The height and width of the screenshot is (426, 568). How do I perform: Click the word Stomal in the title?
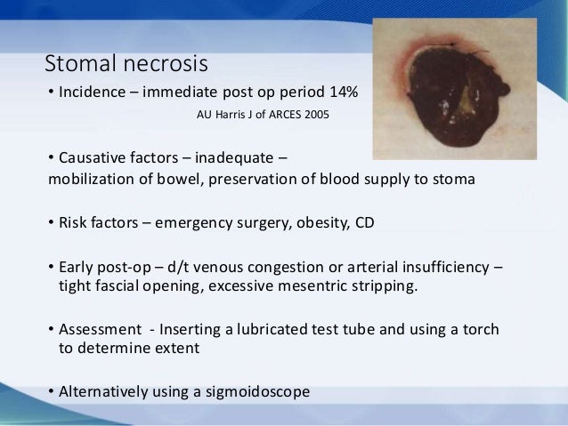[x=77, y=64]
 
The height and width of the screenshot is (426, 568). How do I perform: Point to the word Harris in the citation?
[x=230, y=115]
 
